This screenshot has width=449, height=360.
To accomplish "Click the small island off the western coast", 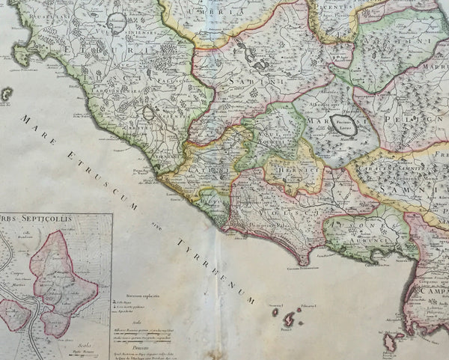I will click(x=7, y=94).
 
